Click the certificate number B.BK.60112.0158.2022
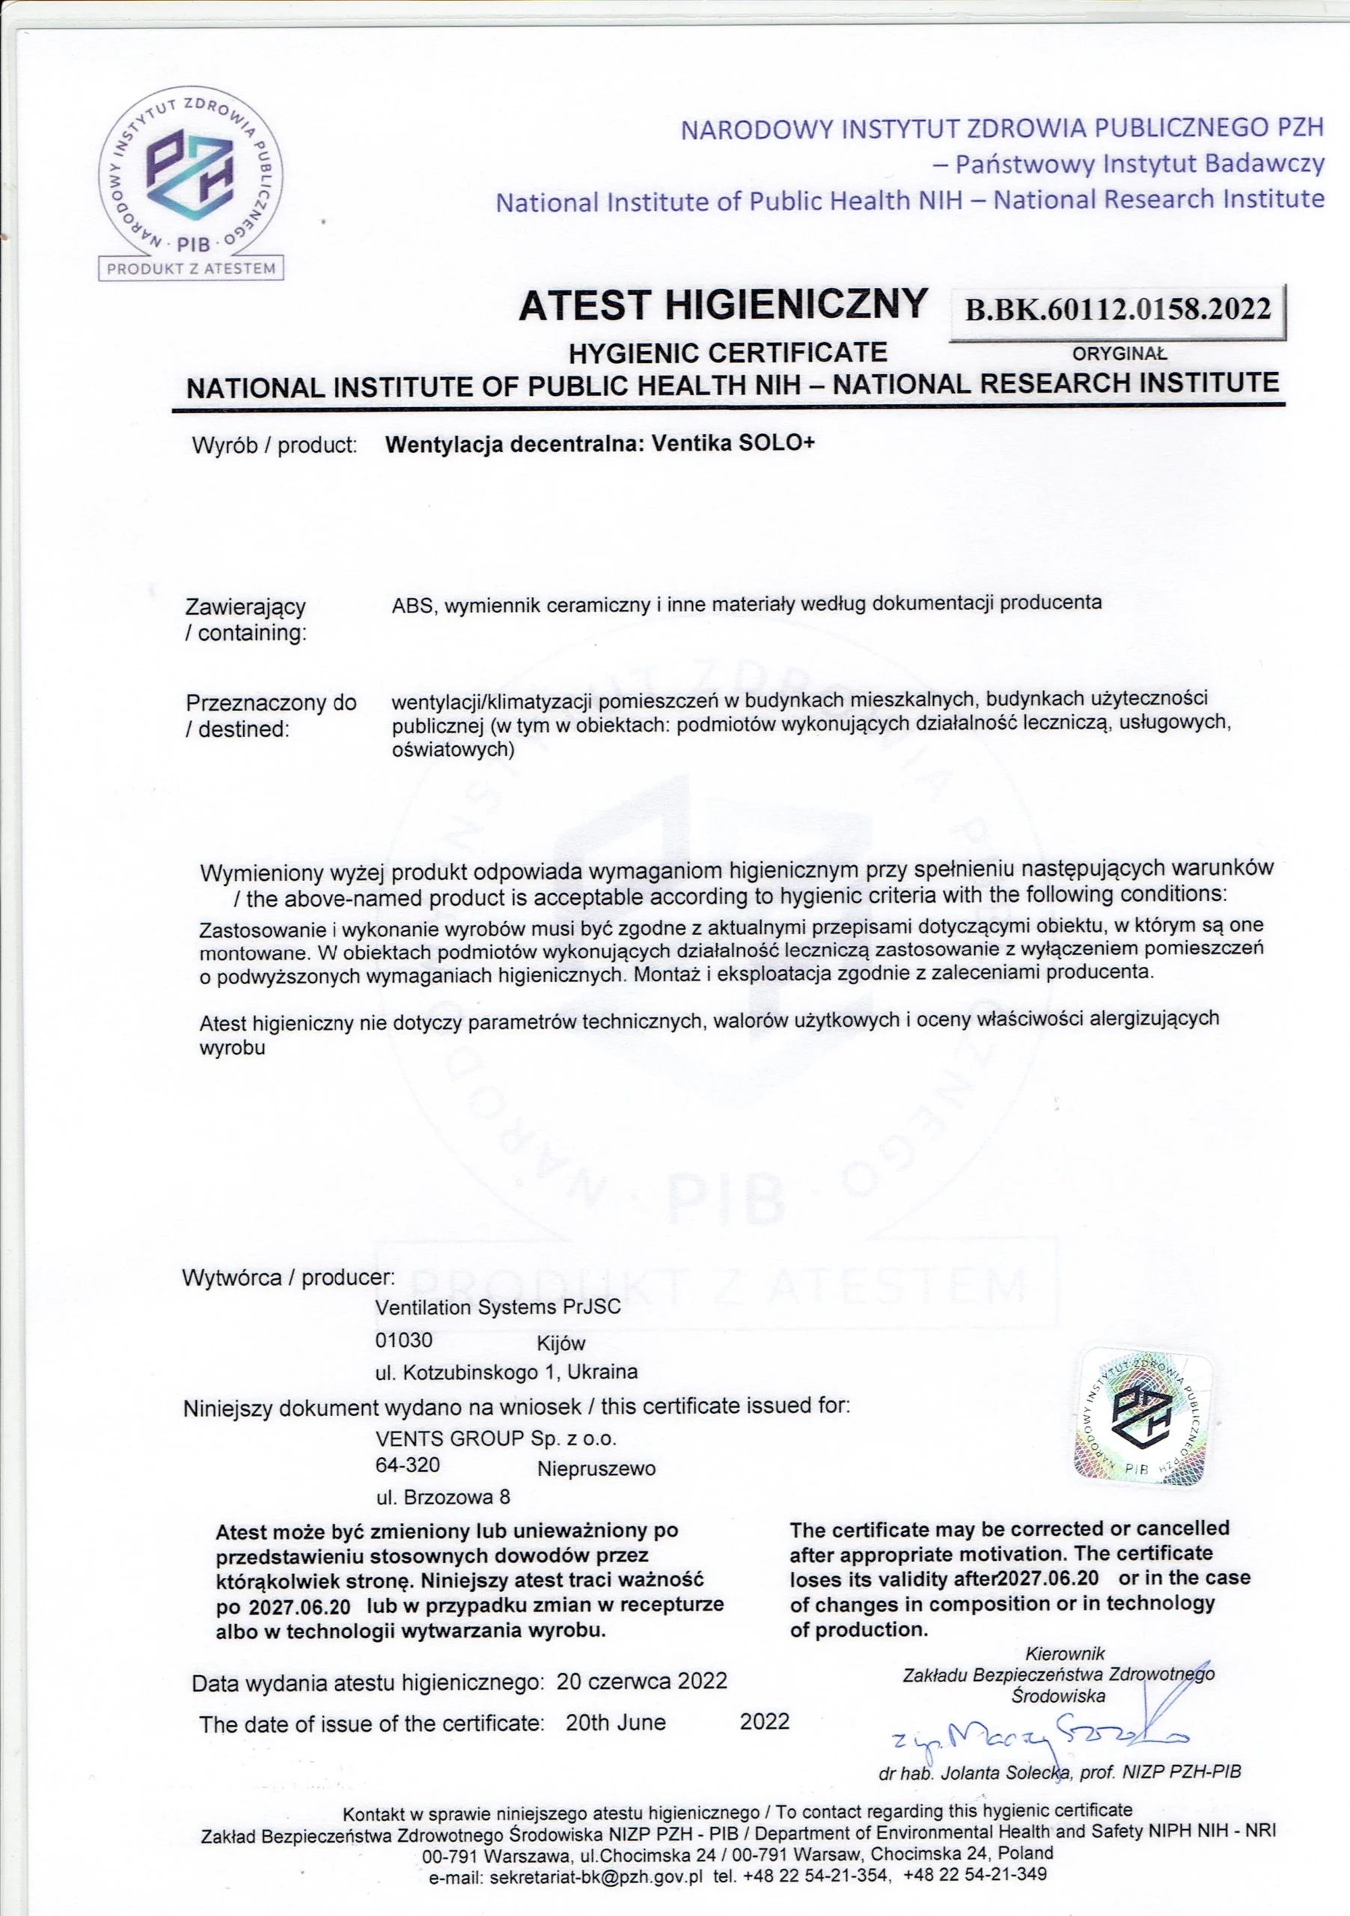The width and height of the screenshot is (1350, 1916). (x=1117, y=311)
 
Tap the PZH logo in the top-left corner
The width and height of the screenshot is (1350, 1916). (x=190, y=176)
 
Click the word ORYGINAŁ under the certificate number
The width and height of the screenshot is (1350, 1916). (x=1119, y=354)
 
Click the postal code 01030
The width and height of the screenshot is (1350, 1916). (x=404, y=1341)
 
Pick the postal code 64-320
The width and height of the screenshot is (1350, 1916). (x=407, y=1465)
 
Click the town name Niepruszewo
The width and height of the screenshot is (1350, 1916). (x=596, y=1468)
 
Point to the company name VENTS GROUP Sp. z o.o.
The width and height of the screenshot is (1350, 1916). (x=495, y=1438)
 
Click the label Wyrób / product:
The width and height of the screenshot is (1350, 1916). (x=275, y=445)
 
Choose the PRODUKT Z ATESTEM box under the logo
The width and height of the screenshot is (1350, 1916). (x=191, y=268)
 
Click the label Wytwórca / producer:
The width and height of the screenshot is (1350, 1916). (x=288, y=1278)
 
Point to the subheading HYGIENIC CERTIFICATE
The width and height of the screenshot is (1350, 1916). (x=727, y=353)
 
